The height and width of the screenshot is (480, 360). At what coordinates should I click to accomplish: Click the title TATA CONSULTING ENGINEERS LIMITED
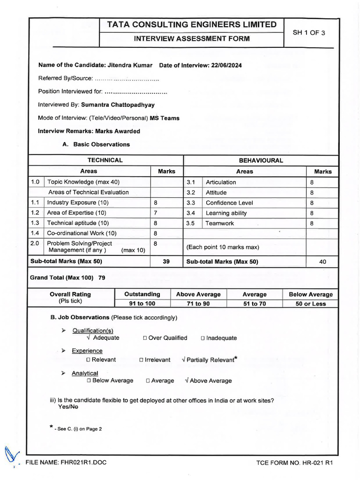(x=192, y=25)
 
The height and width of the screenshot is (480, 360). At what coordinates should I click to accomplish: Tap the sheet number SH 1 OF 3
(x=308, y=33)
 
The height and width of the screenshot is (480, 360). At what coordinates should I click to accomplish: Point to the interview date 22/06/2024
(x=226, y=65)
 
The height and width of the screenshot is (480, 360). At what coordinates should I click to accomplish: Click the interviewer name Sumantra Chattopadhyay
(x=118, y=105)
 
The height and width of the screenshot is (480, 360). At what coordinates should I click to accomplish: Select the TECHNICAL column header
(x=105, y=160)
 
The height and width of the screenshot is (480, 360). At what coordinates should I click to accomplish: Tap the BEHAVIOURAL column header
(x=261, y=160)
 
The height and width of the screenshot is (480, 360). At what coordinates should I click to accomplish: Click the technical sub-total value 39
(x=166, y=262)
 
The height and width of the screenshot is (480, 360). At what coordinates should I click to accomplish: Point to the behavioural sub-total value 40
(x=322, y=262)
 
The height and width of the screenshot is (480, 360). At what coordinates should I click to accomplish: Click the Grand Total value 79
(x=102, y=278)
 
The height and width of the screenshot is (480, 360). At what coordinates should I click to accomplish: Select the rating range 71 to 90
(x=198, y=304)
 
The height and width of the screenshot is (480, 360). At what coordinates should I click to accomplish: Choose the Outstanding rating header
(x=142, y=294)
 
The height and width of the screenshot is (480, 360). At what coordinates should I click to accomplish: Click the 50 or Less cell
(x=311, y=304)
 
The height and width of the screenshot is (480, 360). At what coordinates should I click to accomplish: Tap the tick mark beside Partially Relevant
(x=183, y=360)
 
